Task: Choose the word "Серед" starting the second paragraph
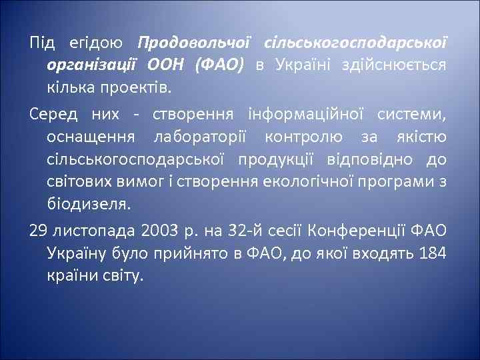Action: (53, 115)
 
